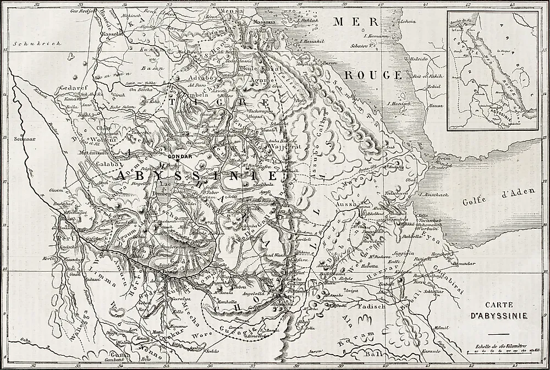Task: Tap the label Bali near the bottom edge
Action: (375, 356)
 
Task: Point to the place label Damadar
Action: (465, 264)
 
